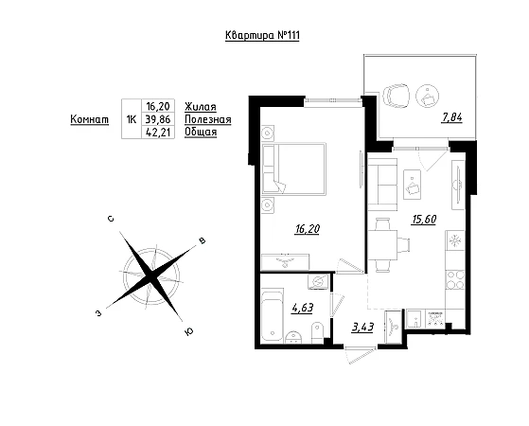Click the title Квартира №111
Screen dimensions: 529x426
click(262, 35)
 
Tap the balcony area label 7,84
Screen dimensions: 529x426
click(451, 117)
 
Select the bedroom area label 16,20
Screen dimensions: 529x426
click(307, 229)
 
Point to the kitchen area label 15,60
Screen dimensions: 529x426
click(424, 220)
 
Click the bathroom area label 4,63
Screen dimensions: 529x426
click(302, 308)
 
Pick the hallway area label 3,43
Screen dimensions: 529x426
click(362, 328)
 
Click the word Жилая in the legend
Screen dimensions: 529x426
click(201, 107)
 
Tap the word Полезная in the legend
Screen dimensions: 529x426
click(208, 119)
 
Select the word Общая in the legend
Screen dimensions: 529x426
click(201, 132)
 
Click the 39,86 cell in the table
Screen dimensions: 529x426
click(158, 119)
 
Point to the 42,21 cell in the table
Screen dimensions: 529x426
click(158, 132)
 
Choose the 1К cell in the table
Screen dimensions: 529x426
click(131, 119)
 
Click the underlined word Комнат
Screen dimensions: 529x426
click(90, 119)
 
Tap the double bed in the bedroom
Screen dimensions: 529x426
click(294, 169)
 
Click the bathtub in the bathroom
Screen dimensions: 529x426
click(273, 315)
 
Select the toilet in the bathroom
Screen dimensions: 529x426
click(318, 332)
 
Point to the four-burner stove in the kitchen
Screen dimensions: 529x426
click(455, 280)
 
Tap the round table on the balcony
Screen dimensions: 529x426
click(428, 96)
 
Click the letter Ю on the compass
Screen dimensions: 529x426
click(189, 332)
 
